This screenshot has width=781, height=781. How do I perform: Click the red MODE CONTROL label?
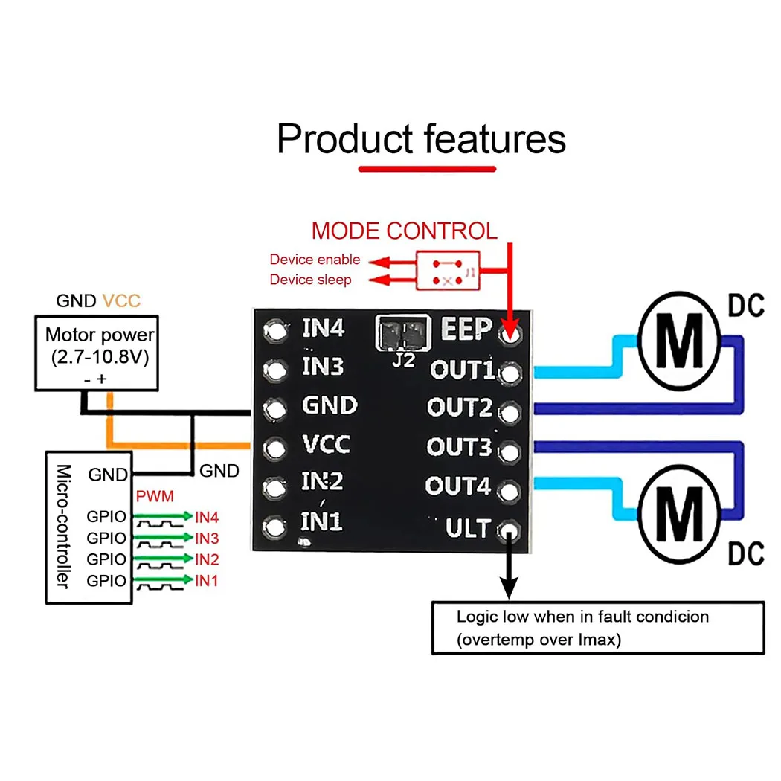click(x=404, y=231)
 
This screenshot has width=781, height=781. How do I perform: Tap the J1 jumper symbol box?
click(x=448, y=269)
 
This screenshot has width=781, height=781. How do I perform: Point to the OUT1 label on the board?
click(x=462, y=370)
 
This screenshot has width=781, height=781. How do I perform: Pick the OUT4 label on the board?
click(x=458, y=487)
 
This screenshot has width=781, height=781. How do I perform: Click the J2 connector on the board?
click(x=403, y=332)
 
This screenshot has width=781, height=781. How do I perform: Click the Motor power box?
click(x=97, y=353)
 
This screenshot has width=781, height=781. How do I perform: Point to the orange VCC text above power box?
click(x=121, y=301)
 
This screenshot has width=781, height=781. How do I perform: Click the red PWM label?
click(x=155, y=496)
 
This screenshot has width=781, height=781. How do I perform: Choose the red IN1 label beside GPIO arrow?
click(x=207, y=581)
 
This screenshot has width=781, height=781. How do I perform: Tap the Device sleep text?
click(x=310, y=280)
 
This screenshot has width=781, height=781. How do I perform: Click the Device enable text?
click(x=315, y=260)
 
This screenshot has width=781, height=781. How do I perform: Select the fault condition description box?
click(x=598, y=628)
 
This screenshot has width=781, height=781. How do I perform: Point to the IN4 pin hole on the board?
click(x=276, y=331)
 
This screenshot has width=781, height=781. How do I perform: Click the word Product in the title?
click(x=344, y=139)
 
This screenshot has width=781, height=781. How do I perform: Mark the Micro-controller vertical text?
click(x=65, y=526)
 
